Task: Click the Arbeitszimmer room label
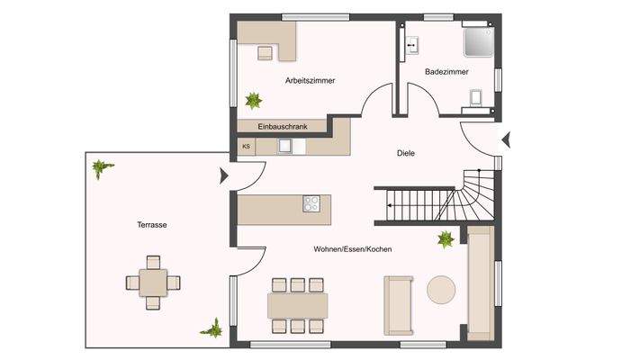310,80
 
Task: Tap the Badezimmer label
446,71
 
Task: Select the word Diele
405,153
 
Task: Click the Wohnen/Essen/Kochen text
352,249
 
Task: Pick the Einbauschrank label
283,127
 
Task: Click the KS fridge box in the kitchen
245,146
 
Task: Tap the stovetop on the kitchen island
311,202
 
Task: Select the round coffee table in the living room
442,290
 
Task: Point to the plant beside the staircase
446,239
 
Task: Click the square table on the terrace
152,283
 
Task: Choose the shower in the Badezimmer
477,41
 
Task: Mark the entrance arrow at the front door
506,139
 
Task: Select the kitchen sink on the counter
285,145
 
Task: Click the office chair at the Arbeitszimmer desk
265,52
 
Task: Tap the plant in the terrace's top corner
101,167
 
